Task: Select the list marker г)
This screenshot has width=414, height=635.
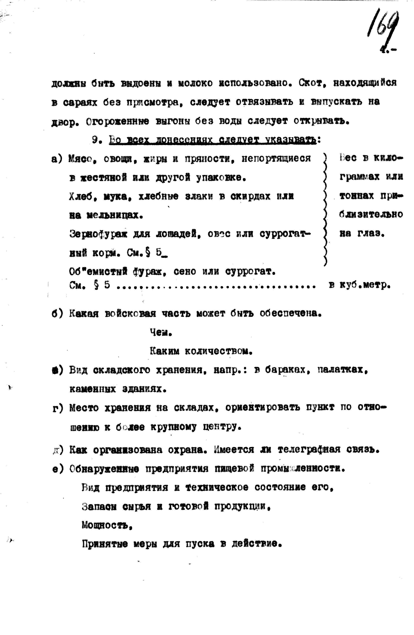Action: click(x=57, y=408)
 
